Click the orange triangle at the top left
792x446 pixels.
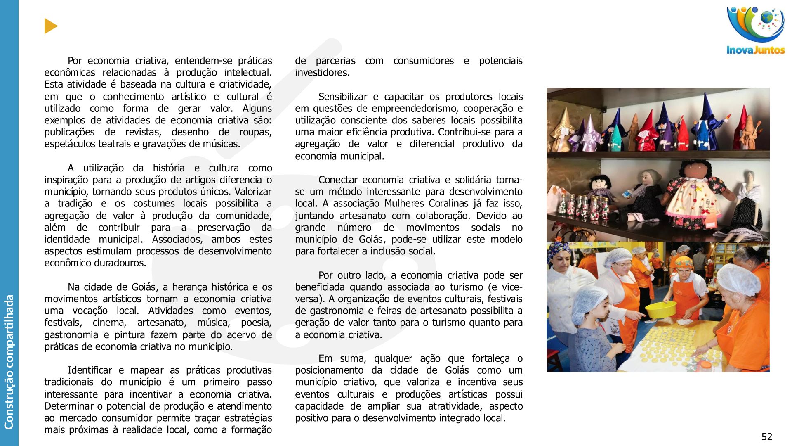(50, 26)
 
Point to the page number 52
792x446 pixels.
(766, 437)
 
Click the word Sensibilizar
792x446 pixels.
(342, 97)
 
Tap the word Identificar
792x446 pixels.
(90, 370)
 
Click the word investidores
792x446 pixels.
(322, 73)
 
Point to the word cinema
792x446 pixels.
(109, 323)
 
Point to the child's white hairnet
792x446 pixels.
(590, 298)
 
